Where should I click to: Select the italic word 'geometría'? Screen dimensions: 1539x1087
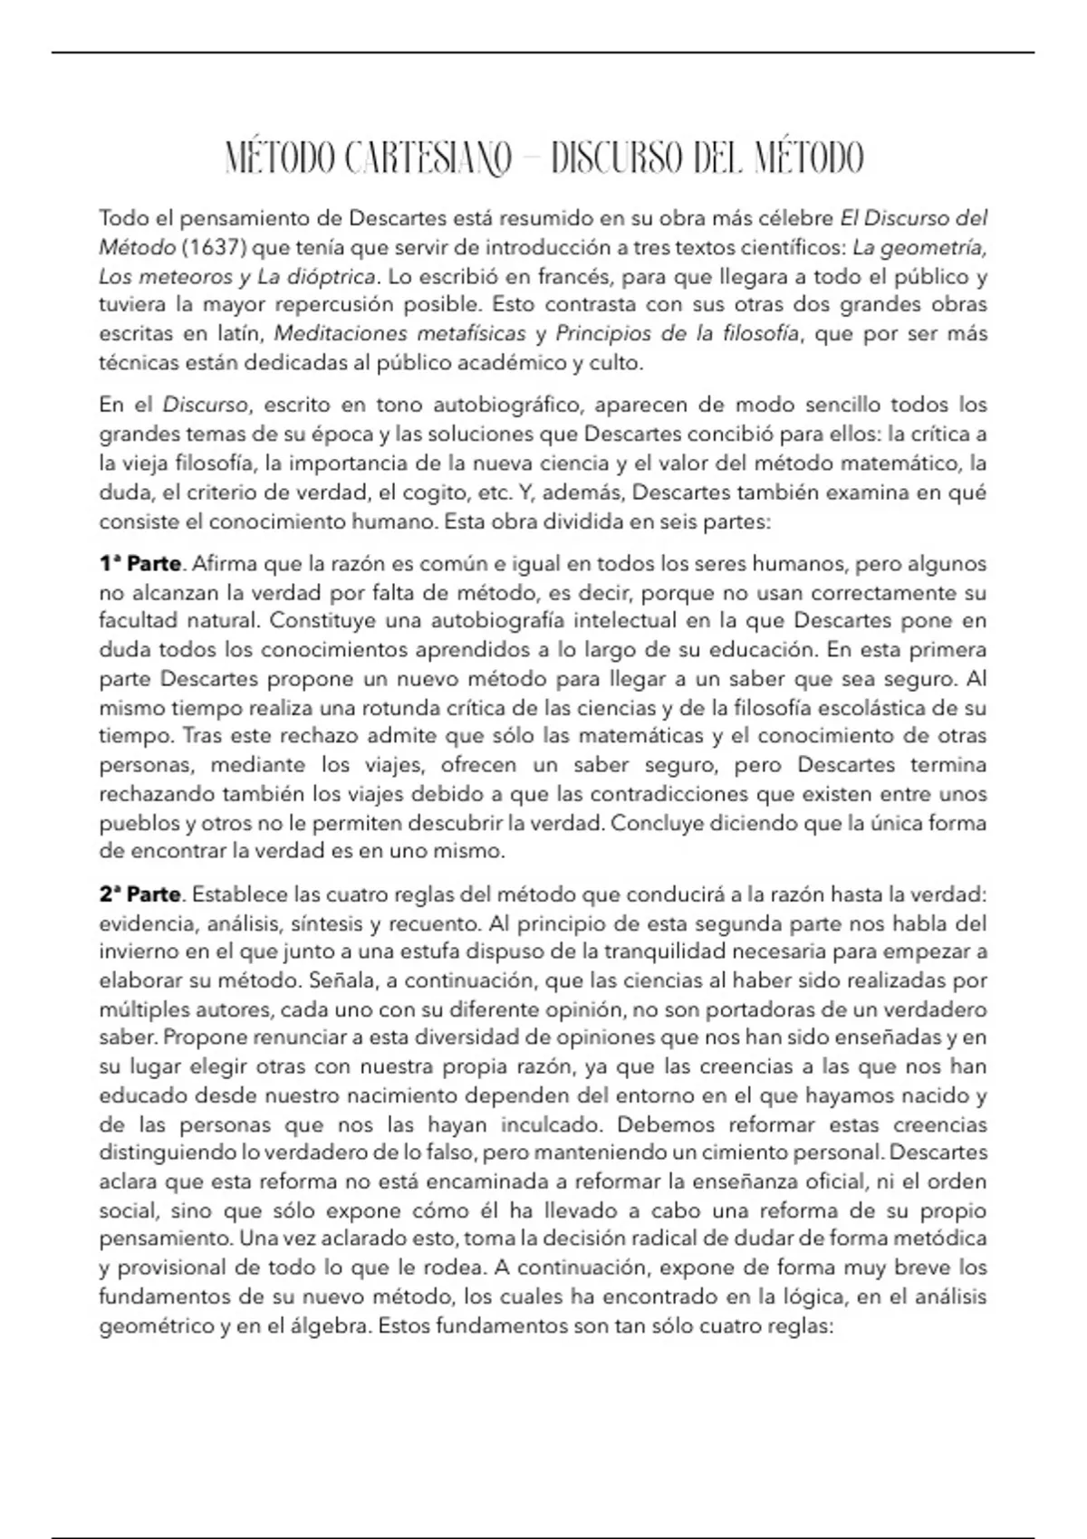pos(934,247)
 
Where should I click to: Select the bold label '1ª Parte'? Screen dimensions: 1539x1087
pos(140,564)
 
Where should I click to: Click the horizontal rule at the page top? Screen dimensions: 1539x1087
pos(543,53)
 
